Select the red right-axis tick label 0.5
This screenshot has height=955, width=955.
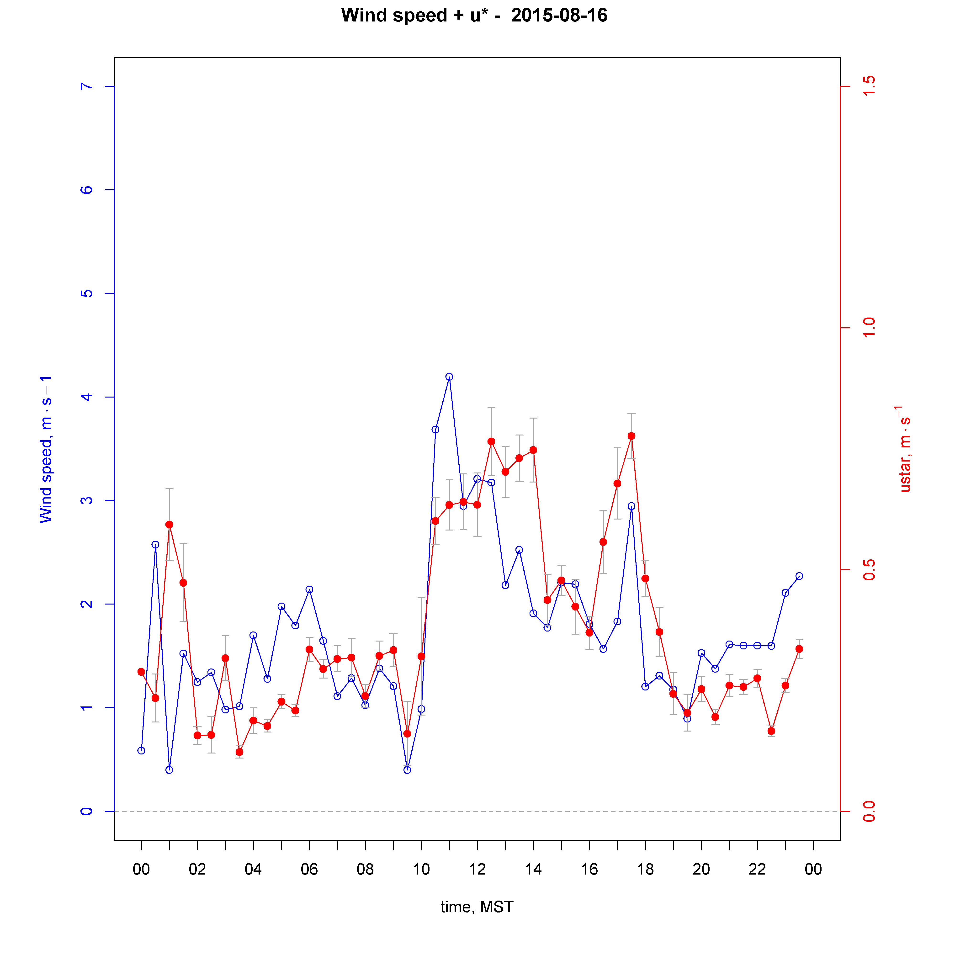869,569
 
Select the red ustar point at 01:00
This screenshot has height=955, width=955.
169,525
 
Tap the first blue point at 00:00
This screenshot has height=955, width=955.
141,750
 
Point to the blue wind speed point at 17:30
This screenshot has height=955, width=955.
631,506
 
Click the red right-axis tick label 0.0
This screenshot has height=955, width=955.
869,811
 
